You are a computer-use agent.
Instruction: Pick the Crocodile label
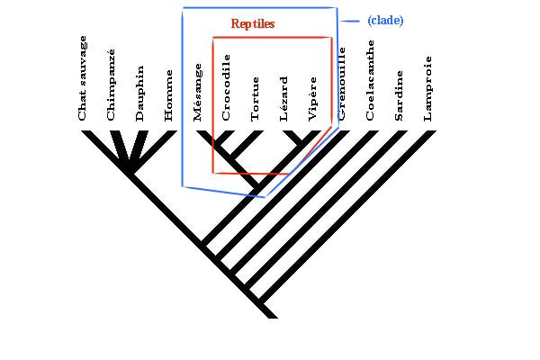pos(227,88)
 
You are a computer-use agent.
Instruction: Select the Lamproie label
pos(427,88)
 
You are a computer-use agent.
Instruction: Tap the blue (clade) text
pos(385,20)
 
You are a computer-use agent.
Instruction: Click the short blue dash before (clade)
pos(352,20)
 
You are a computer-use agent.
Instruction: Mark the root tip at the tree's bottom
pos(269,314)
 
